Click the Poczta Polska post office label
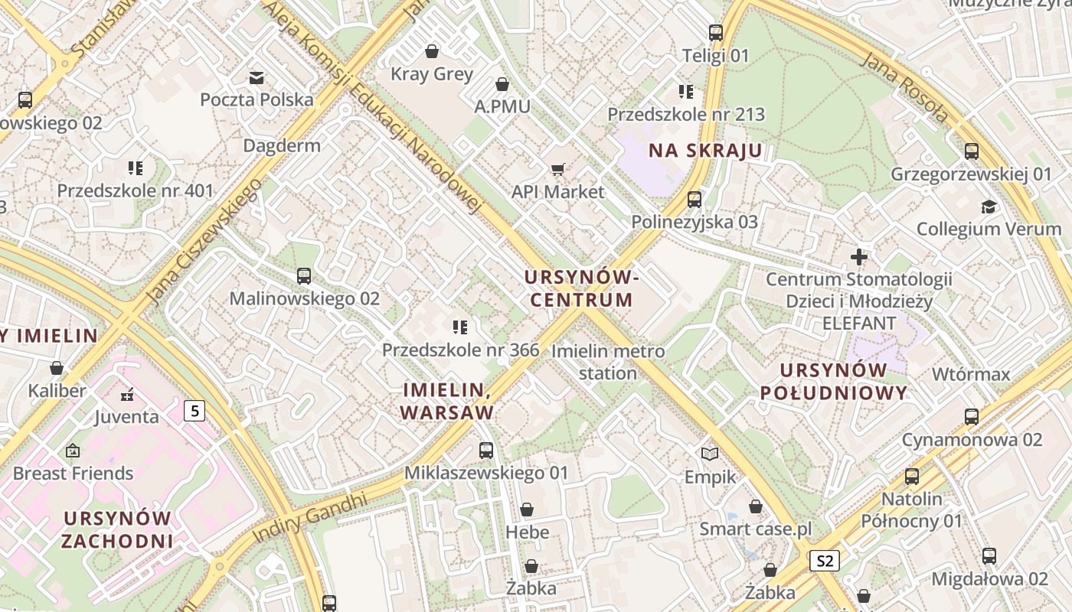coord(257,99)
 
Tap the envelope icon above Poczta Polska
coord(257,77)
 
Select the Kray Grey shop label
coord(432,74)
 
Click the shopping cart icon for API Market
coord(558,169)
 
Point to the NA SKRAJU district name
coord(705,151)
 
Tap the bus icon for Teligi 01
coord(716,33)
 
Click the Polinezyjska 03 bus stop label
coord(694,222)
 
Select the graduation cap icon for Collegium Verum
coord(989,207)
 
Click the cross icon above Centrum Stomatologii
coord(859,257)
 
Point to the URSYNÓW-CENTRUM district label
coord(582,288)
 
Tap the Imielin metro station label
coord(608,362)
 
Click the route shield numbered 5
coord(194,411)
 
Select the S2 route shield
coord(824,561)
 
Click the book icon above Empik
coord(710,454)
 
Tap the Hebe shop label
coord(527,532)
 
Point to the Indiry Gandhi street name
coord(309,519)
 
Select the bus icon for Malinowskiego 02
coord(304,276)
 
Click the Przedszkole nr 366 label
coord(460,350)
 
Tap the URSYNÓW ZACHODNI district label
coord(117,529)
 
